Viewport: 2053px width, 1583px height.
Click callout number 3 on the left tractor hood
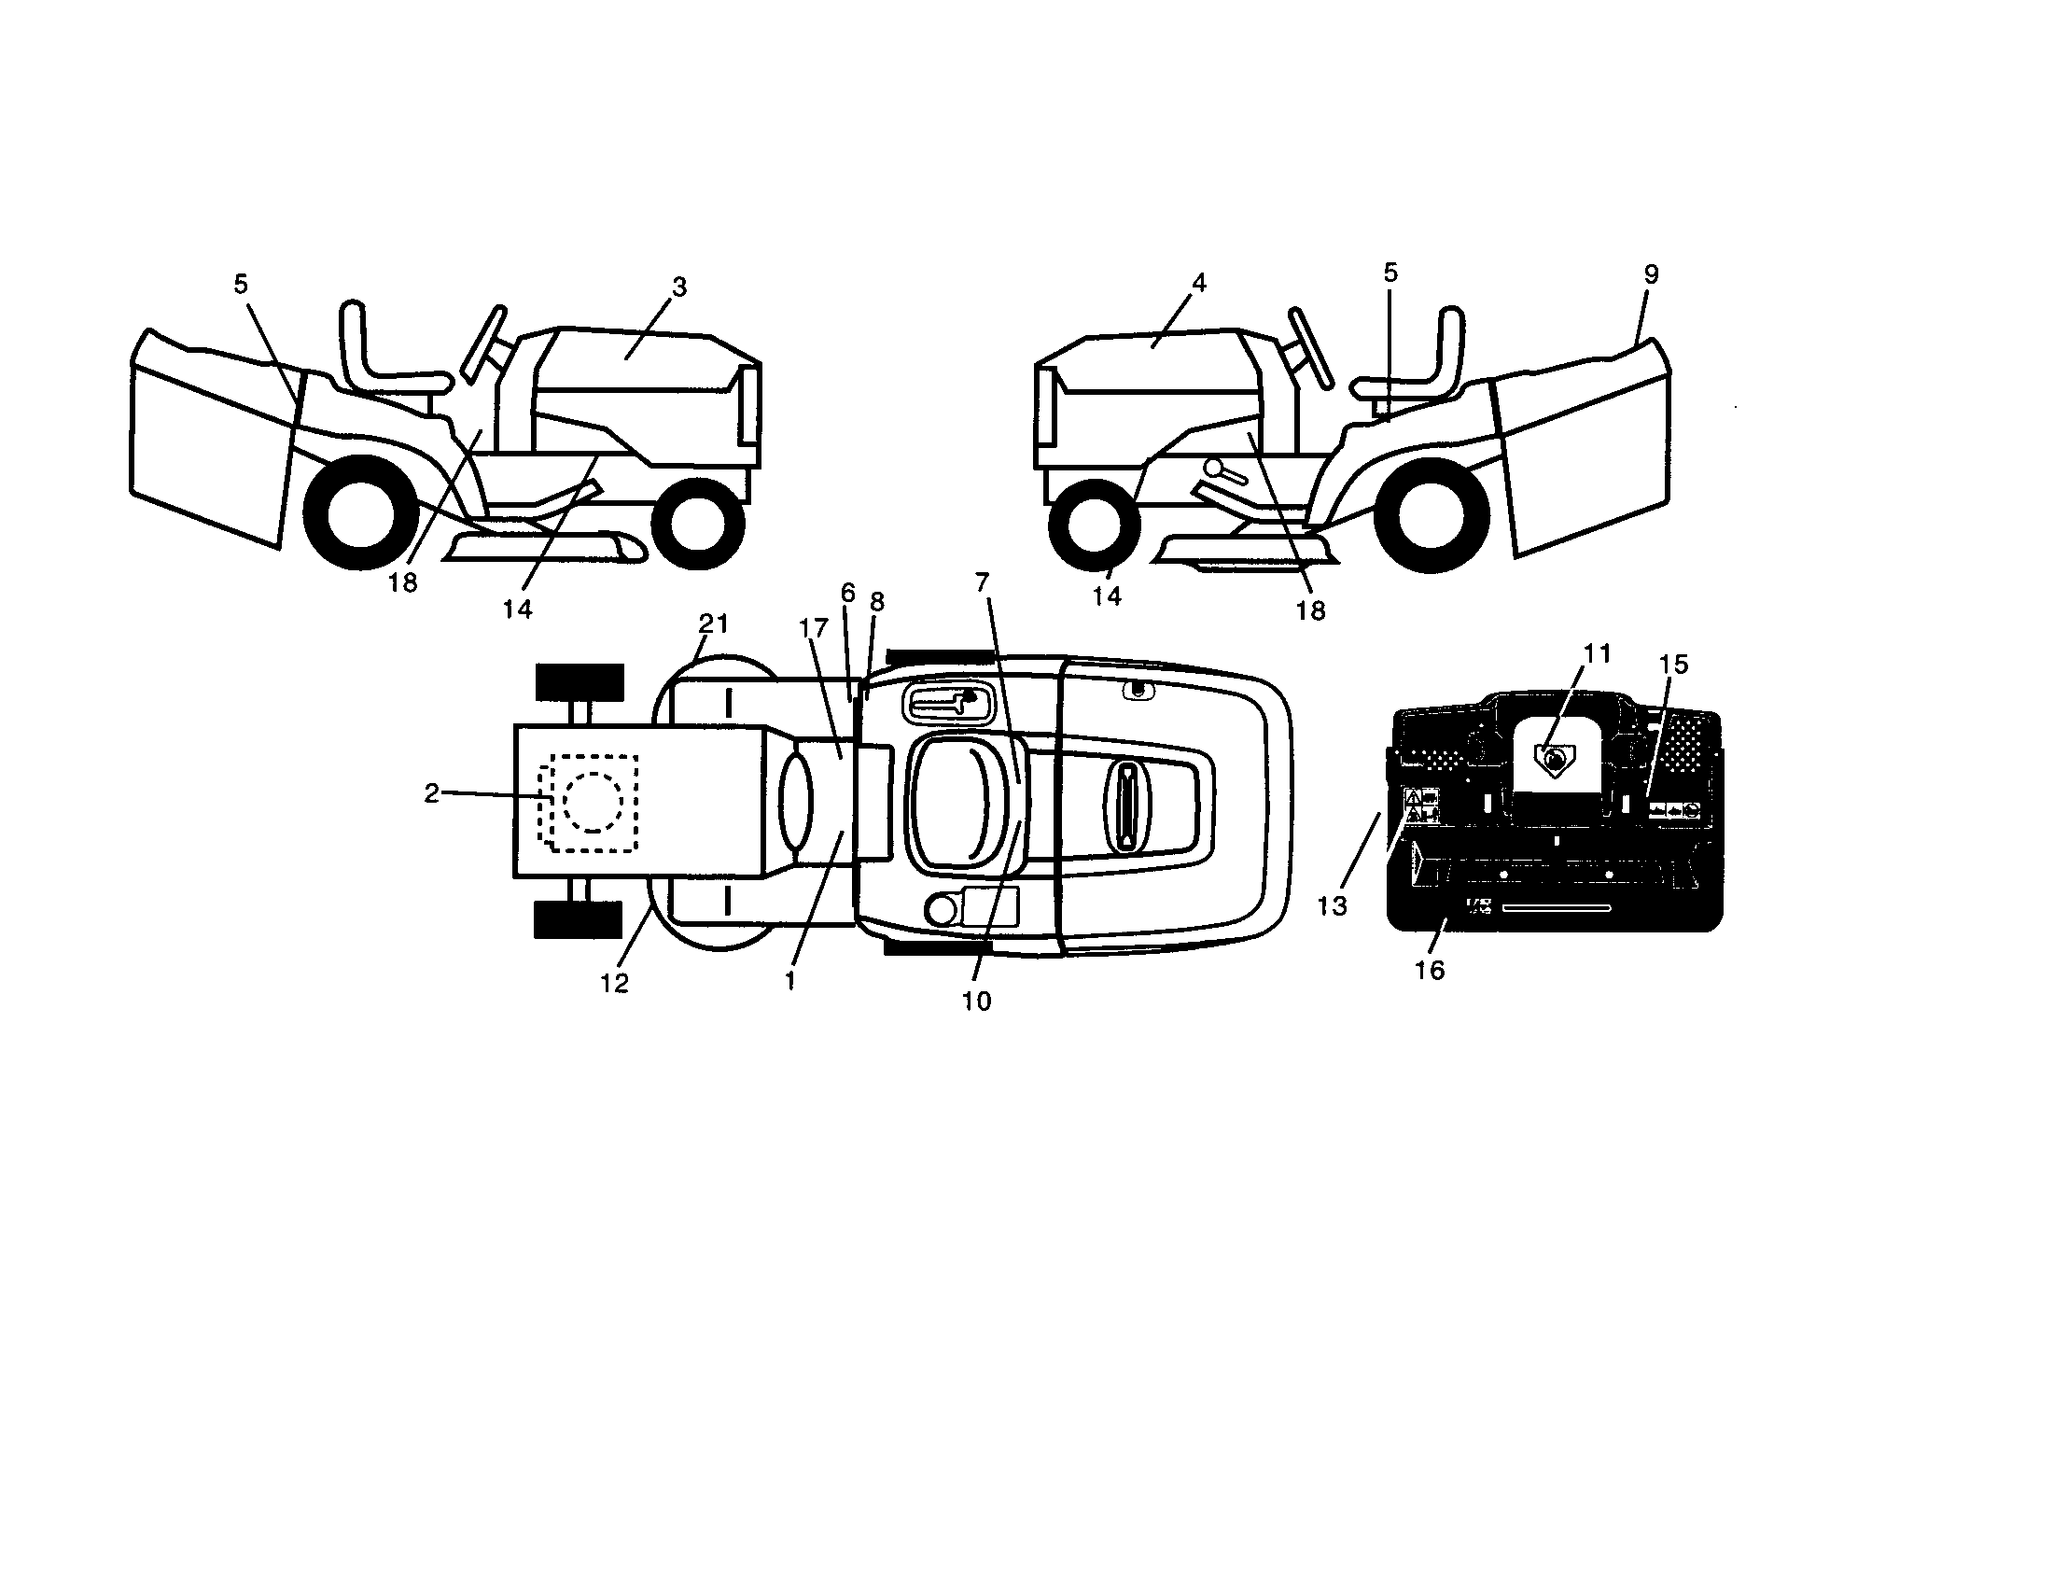point(679,287)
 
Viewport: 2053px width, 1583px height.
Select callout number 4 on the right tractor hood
point(1198,282)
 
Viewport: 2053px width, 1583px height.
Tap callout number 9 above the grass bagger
point(1651,274)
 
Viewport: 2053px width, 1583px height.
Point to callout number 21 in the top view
point(714,623)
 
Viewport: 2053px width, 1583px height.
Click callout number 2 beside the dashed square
point(431,794)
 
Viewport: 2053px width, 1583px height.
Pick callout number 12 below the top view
point(614,983)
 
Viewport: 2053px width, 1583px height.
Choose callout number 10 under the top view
point(977,1002)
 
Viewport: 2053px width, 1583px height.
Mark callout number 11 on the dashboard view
point(1597,653)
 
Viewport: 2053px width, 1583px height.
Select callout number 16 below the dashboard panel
point(1429,970)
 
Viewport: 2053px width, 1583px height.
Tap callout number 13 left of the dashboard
point(1332,906)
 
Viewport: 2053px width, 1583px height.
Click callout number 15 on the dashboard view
point(1673,665)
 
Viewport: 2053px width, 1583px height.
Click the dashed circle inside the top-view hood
point(593,802)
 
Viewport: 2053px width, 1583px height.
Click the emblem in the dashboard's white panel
point(1552,758)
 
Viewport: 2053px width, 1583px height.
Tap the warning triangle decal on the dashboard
point(1412,799)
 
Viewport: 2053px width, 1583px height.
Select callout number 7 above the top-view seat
point(983,583)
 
